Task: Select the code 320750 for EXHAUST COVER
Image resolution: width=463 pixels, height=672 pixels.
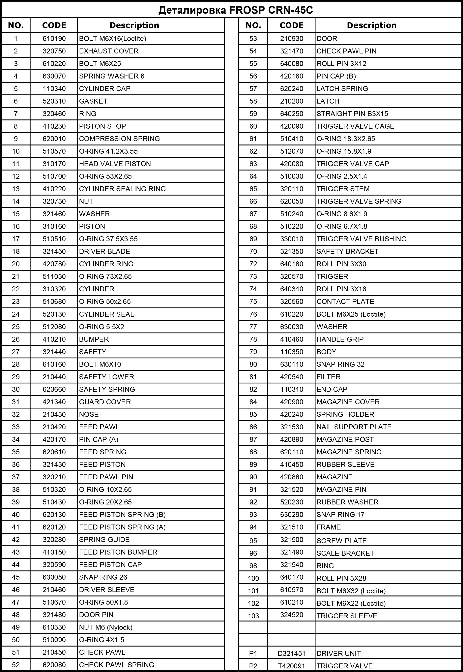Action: pos(54,51)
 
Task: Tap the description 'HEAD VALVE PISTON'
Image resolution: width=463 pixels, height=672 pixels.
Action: pos(115,164)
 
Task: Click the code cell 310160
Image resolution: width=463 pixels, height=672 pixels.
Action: pos(54,226)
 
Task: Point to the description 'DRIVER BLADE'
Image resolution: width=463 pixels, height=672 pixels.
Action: pos(104,251)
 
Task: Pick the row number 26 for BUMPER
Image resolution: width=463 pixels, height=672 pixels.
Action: pos(16,339)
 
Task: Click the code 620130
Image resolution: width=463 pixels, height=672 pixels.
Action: pos(54,514)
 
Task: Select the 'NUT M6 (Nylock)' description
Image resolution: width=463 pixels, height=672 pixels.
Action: pos(106,627)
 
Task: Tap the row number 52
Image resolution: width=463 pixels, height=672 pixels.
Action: pos(16,665)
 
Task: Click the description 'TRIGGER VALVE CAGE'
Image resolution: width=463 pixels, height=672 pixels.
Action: pos(355,126)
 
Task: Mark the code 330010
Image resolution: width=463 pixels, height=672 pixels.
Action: pos(292,239)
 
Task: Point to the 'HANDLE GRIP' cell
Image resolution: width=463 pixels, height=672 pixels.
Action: pos(340,339)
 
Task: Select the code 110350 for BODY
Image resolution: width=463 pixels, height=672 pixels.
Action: pos(292,352)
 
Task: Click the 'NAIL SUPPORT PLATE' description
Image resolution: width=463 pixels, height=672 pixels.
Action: pos(354,427)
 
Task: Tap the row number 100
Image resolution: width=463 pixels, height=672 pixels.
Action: pos(253,578)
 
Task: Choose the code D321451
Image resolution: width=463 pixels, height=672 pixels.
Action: pos(292,654)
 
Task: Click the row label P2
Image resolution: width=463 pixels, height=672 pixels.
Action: pos(253,666)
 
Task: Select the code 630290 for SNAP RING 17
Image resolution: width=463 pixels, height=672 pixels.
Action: pos(292,514)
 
